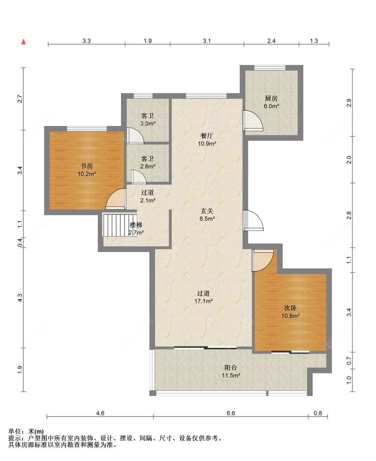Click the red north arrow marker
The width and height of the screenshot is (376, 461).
coord(23,41)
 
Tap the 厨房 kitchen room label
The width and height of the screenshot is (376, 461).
coord(271,98)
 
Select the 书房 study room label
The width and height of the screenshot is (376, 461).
coord(87,166)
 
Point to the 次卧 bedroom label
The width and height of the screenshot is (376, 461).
coord(290,308)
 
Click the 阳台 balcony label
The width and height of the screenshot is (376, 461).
coord(231,367)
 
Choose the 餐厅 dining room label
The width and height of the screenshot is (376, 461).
coord(207,136)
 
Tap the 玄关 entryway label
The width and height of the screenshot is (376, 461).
coord(207,211)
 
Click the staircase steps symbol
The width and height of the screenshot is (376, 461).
coord(120,225)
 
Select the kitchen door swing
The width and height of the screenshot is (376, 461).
coord(253,121)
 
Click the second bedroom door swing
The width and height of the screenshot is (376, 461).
coord(263,260)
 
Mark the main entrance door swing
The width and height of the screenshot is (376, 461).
coord(253,220)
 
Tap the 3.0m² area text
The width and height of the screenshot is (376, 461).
coord(148,123)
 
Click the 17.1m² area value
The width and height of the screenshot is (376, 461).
coord(204,301)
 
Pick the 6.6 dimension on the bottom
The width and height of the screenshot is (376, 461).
coord(231,413)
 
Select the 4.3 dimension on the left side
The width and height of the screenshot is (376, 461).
coord(20,298)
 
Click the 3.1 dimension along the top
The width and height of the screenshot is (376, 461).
coord(207,41)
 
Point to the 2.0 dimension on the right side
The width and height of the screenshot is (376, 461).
coord(349,159)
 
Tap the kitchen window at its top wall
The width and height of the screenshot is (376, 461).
coord(270,68)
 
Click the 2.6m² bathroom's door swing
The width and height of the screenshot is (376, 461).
coord(139,177)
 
